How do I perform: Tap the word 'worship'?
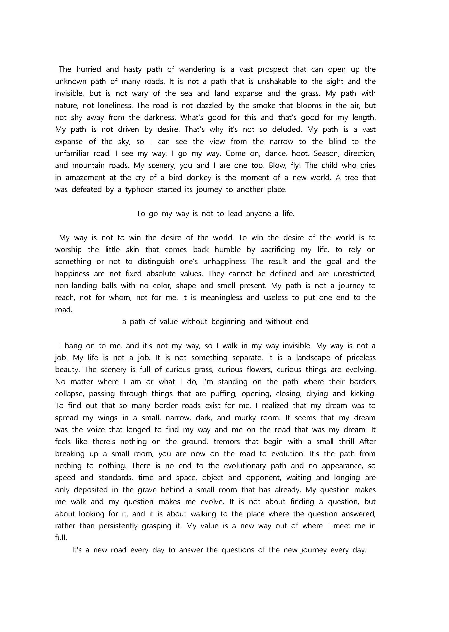68,250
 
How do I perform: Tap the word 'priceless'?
362,358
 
